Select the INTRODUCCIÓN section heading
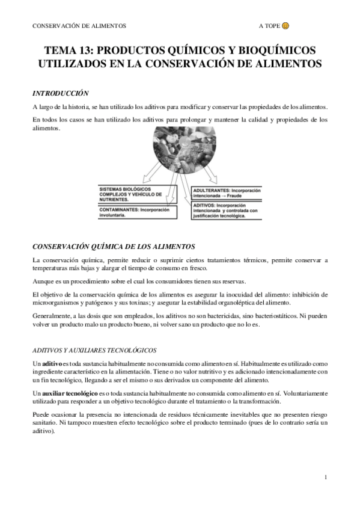[61, 93]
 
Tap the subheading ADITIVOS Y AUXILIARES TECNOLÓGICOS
[94, 350]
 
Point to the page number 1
[325, 478]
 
